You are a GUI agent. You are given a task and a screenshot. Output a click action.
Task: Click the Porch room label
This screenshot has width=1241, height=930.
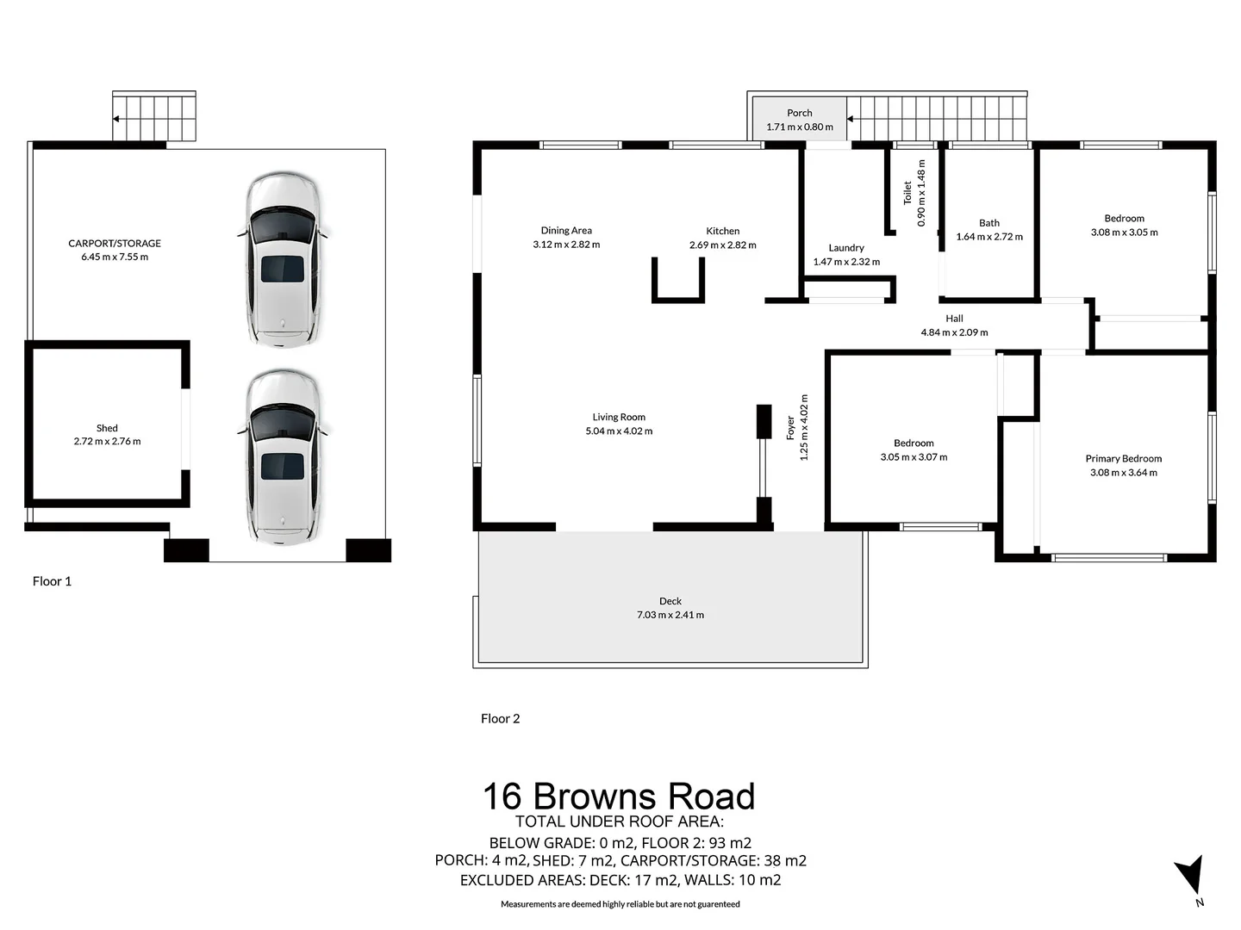(799, 113)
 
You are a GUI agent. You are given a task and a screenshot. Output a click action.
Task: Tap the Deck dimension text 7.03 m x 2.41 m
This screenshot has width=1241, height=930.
(670, 615)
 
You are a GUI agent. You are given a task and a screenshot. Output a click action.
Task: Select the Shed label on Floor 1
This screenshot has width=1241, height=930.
(107, 428)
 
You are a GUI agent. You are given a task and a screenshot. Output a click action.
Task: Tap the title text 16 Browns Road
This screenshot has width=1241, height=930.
(618, 797)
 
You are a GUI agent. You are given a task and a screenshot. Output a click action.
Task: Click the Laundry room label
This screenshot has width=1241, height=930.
(845, 248)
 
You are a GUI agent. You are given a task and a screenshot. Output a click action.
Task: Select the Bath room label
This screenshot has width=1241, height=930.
(988, 223)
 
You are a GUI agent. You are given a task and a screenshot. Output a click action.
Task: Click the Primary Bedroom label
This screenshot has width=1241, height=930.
(1123, 459)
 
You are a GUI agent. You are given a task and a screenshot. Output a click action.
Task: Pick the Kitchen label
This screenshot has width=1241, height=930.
(722, 231)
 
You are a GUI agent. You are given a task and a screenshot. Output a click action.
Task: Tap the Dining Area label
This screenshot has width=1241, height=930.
(566, 231)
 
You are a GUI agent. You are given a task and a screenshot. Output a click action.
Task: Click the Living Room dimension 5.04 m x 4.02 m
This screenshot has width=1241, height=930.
(619, 431)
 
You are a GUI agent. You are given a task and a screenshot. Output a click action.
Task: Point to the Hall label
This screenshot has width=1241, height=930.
(954, 319)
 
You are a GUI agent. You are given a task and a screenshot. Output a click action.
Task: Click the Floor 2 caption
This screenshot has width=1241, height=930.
(500, 718)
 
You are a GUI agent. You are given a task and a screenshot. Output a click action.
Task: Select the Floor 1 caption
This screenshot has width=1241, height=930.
(52, 581)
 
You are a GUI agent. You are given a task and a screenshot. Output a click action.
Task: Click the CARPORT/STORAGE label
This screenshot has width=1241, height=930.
(115, 244)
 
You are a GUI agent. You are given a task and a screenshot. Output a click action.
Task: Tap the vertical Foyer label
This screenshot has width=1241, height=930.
(790, 428)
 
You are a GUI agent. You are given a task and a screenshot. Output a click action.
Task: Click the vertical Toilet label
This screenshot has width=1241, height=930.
(907, 193)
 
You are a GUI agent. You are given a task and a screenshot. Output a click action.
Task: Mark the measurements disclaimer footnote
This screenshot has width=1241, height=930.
(620, 904)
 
